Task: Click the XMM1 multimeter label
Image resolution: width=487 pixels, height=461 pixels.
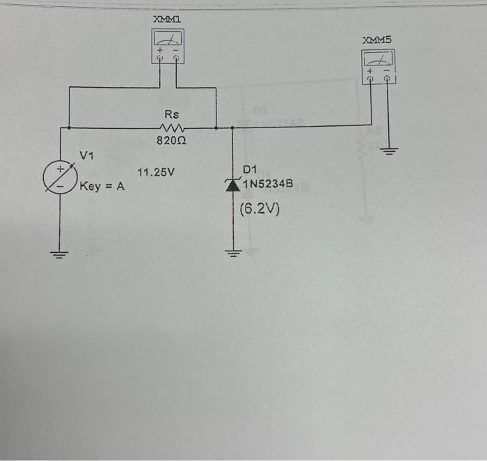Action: click(x=168, y=22)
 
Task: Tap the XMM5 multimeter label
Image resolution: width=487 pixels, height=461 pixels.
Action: click(x=377, y=40)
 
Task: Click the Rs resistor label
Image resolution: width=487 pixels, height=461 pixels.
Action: click(x=171, y=114)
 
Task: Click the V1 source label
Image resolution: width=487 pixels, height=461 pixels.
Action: click(x=86, y=154)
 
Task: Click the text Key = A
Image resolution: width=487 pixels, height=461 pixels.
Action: click(x=102, y=187)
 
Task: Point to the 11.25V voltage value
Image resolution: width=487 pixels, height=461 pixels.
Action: click(x=156, y=171)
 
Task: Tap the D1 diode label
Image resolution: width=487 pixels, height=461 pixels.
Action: click(x=250, y=169)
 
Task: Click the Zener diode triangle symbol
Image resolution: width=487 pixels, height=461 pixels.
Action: click(x=232, y=184)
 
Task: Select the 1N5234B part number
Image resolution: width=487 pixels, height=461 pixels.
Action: click(x=268, y=184)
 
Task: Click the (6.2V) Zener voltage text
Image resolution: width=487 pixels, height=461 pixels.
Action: click(x=259, y=208)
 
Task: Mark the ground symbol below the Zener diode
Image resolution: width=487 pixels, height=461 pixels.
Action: click(x=232, y=253)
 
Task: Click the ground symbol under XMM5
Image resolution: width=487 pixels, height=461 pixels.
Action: click(x=390, y=150)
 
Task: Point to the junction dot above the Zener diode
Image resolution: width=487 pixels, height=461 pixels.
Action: click(x=232, y=128)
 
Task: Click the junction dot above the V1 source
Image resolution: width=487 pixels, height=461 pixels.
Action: click(x=69, y=128)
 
